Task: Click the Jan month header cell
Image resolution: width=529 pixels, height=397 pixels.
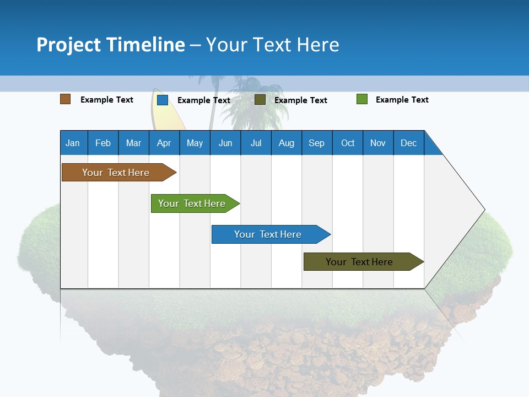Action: click(73, 143)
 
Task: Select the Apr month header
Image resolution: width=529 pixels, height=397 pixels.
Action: click(164, 143)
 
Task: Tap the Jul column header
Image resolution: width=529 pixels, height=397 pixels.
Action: click(256, 143)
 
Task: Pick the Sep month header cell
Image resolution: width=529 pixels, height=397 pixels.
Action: click(317, 143)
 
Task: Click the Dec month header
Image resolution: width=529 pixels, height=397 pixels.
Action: click(408, 143)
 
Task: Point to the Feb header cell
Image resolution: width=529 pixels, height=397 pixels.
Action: click(103, 143)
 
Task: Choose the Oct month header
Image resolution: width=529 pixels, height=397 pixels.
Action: click(348, 143)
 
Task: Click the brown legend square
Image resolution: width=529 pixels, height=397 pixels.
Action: click(66, 99)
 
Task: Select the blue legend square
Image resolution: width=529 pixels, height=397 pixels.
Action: click(163, 100)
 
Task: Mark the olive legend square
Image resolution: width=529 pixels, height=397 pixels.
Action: click(260, 100)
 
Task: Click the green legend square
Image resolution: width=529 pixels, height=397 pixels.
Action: click(362, 99)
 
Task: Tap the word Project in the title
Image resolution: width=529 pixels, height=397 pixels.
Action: click(69, 45)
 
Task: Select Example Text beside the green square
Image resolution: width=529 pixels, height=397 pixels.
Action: click(402, 100)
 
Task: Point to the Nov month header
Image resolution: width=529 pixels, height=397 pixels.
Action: click(378, 143)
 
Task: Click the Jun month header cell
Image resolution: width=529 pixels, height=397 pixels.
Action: click(225, 143)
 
